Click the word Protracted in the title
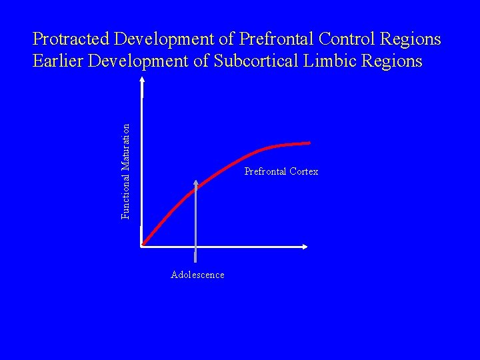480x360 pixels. point(72,39)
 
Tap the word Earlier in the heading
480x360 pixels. point(58,61)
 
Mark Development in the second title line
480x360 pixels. point(142,61)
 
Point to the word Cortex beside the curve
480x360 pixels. point(304,172)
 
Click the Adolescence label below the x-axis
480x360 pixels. point(197,275)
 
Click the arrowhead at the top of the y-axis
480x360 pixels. point(142,80)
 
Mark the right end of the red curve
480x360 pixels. point(310,143)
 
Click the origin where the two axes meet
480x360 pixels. point(143,246)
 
